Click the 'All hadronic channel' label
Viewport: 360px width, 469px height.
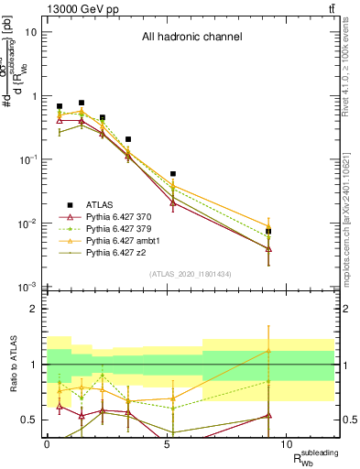tap(191, 38)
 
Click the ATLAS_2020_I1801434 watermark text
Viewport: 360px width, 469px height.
tap(191, 273)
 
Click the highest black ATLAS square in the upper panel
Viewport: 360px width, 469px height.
tap(82, 103)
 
